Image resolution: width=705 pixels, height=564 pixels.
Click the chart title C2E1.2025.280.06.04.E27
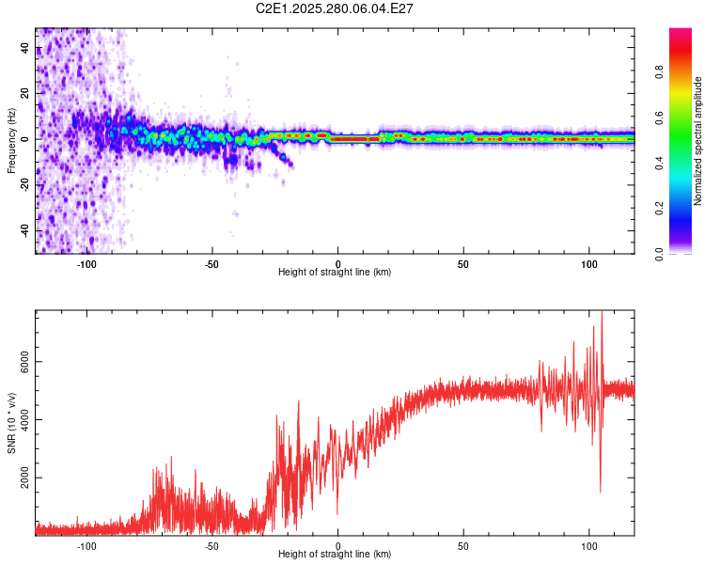336,8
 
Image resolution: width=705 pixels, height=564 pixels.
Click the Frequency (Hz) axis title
11,141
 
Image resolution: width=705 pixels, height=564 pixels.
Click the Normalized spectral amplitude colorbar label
698,141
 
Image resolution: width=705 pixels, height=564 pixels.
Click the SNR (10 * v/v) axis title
11,422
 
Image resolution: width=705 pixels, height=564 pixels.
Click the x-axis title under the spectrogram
336,272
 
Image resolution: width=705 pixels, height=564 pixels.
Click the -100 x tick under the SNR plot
86,544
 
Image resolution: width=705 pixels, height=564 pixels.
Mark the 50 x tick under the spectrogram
463,263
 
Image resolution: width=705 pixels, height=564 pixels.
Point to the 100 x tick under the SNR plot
589,544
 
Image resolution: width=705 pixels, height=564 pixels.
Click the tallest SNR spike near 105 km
602,313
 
